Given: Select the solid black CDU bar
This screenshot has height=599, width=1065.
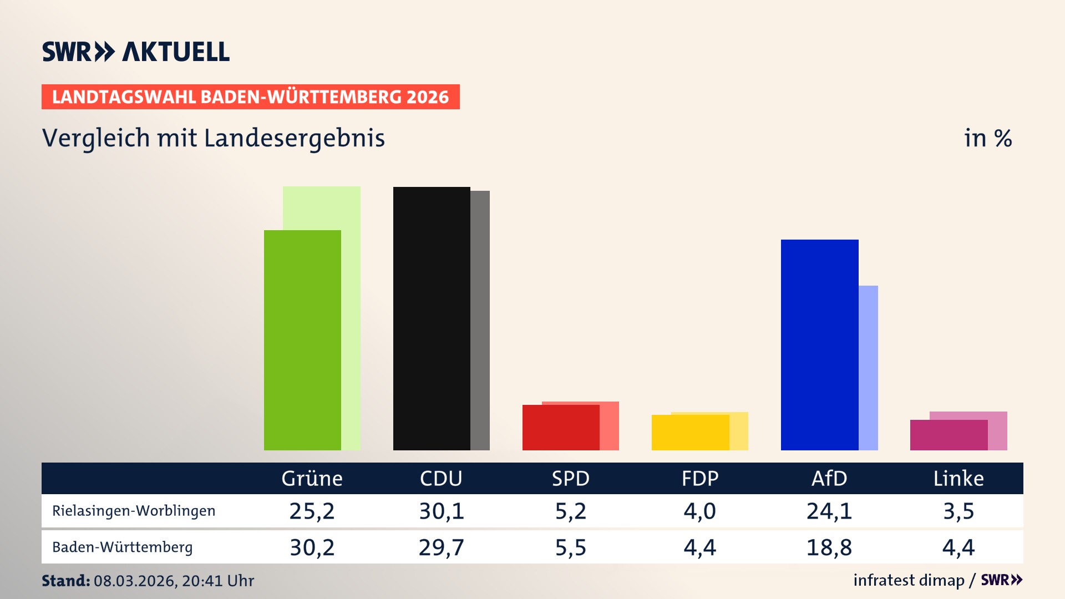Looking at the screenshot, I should (x=432, y=318).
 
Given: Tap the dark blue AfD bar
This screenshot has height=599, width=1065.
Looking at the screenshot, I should (x=819, y=344).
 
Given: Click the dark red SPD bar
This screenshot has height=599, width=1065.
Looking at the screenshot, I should (x=561, y=427).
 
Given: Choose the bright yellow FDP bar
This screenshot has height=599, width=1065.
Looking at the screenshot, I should (x=690, y=432).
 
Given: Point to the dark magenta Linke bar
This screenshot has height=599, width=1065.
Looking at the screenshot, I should (x=949, y=435).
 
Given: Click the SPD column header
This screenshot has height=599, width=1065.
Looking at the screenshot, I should (x=570, y=478).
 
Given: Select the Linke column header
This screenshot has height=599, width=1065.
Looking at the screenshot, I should (x=958, y=478).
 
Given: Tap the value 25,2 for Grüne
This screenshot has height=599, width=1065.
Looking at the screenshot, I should (x=312, y=511).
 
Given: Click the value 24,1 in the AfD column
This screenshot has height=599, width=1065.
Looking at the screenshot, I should (x=829, y=511).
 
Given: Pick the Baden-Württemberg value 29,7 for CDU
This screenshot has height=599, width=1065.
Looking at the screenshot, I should (x=441, y=547).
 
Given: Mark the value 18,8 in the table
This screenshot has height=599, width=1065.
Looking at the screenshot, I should (x=829, y=547).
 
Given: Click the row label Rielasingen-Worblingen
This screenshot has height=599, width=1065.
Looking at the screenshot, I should (x=134, y=511).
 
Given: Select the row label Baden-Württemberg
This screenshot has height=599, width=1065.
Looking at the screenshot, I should (x=123, y=547).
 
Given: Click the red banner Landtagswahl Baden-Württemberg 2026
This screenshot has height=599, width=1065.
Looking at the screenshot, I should (x=250, y=97).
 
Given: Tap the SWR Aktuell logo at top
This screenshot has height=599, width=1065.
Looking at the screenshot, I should (x=136, y=52).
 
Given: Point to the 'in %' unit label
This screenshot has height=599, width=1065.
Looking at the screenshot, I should (x=987, y=139).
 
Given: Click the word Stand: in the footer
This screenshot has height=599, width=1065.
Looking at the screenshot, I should (x=65, y=581).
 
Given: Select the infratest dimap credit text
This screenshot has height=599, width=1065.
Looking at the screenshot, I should (x=909, y=580).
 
